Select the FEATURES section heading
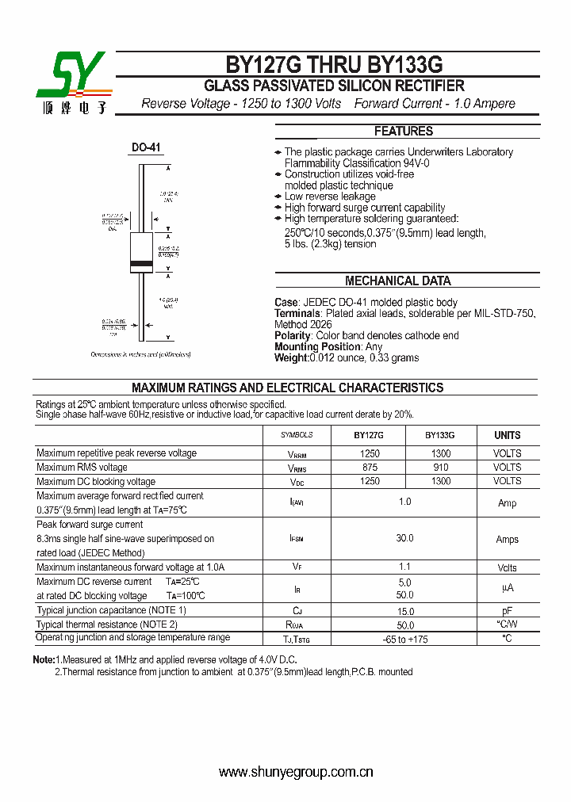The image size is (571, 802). tap(404, 132)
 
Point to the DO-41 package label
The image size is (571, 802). tap(146, 147)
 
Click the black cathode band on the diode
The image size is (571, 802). tap(141, 262)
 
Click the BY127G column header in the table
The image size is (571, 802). tap(369, 435)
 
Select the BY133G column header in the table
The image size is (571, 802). tap(439, 435)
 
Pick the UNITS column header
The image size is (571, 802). tap(507, 435)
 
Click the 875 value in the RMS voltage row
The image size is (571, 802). tap(370, 468)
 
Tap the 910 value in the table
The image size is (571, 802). tap(440, 468)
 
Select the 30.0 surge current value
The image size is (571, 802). tap(404, 538)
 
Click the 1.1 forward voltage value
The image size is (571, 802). tap(404, 567)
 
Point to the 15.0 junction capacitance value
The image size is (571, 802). tap(404, 611)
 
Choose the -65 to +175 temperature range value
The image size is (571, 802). tap(404, 639)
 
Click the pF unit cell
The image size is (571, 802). tap(507, 611)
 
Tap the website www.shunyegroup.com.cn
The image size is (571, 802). tap(296, 772)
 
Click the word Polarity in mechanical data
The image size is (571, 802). tap(294, 335)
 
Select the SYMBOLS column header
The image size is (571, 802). tap(297, 435)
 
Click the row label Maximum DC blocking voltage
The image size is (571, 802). tap(96, 481)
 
